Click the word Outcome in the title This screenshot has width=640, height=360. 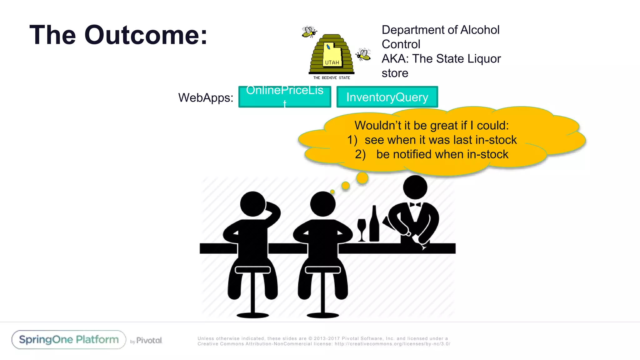tap(146, 35)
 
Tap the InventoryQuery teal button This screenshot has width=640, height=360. tap(387, 97)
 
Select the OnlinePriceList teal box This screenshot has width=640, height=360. tap(284, 97)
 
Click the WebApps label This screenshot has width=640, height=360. tap(206, 98)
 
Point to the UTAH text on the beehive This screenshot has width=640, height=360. tap(332, 62)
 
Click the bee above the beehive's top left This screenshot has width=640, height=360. tap(309, 32)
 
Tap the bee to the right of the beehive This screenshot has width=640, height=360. tap(363, 54)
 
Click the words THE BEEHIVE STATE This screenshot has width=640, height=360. tap(332, 78)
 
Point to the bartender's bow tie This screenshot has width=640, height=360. tap(415, 205)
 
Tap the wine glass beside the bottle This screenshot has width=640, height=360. tap(362, 229)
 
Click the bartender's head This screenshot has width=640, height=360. tap(415, 187)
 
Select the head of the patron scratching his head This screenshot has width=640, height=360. tap(252, 204)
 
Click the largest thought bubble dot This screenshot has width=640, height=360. tap(362, 178)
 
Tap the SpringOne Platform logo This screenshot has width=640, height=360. tap(69, 340)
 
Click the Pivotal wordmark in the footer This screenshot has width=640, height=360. tap(149, 340)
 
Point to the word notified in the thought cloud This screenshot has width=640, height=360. tap(412, 154)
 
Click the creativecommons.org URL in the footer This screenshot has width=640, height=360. tap(392, 344)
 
